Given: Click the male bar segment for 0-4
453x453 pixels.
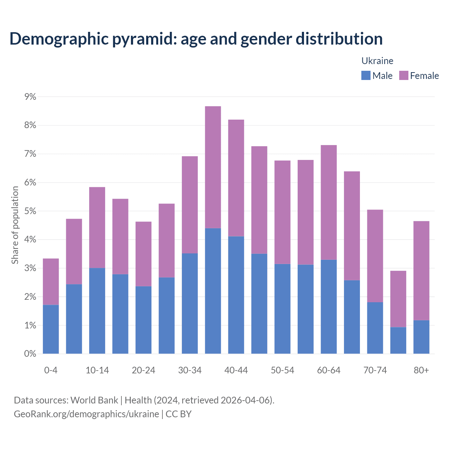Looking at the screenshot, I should [x=51, y=329].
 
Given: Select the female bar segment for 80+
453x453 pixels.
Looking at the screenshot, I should [x=421, y=271].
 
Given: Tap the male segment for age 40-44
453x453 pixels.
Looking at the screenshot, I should [x=236, y=295].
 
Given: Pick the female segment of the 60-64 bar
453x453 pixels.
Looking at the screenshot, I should [x=329, y=202].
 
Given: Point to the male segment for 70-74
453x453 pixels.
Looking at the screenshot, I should [x=375, y=328].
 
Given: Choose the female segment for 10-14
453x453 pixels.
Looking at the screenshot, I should [x=97, y=228].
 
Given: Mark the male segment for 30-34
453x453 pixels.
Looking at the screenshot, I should [x=190, y=303].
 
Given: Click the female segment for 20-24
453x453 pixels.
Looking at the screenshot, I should [x=144, y=254].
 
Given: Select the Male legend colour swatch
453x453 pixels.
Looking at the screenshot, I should [x=366, y=75].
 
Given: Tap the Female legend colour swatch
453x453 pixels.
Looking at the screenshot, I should [x=403, y=75].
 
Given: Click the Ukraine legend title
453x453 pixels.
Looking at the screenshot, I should [x=377, y=61].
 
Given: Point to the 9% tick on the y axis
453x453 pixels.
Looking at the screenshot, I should [x=30, y=97].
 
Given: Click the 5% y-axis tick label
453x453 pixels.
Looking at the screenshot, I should [x=30, y=211].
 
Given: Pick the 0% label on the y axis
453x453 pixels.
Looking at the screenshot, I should [x=30, y=354].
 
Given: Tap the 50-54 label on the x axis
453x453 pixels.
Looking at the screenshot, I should [x=282, y=370].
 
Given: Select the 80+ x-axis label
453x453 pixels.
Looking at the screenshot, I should [x=421, y=370].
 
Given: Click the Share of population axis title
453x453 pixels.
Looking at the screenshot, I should [x=15, y=225].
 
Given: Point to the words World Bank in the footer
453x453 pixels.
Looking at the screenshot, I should [x=94, y=400].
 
